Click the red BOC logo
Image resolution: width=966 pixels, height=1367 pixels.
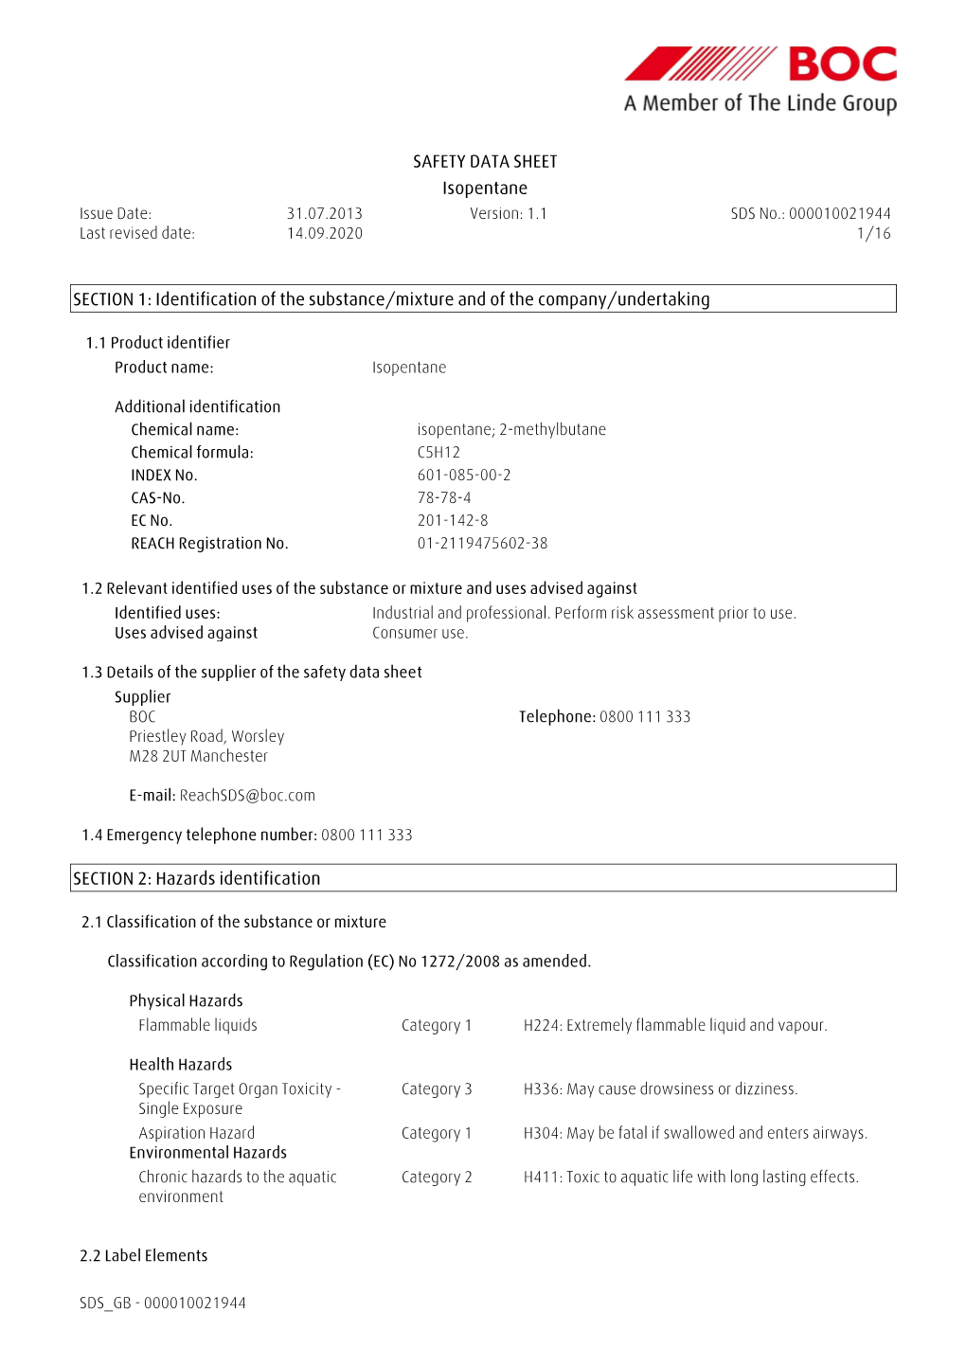[760, 64]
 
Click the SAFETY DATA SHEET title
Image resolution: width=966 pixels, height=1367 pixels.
[485, 162]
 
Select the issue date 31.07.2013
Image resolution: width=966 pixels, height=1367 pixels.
[325, 214]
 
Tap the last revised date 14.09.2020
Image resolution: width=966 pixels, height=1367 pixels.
[325, 234]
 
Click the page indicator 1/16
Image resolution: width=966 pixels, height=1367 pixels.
[873, 234]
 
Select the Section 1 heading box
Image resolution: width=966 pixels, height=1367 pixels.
[483, 299]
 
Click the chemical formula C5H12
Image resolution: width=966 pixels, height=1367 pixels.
[438, 453]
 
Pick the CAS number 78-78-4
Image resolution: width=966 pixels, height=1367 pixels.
[444, 498]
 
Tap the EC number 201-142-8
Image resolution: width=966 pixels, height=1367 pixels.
[453, 521]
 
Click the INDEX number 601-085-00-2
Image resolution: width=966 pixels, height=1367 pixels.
[464, 476]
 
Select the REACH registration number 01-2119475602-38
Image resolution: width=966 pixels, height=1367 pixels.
[482, 544]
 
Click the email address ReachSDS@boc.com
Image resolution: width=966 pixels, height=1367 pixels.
[247, 796]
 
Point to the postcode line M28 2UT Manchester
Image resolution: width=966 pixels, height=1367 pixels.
[198, 757]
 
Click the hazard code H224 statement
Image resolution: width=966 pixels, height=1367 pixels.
[675, 1026]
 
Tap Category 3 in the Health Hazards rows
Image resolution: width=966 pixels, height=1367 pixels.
[437, 1089]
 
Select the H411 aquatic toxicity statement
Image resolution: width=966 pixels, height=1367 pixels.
[690, 1178]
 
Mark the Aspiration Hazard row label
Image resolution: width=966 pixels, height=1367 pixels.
[196, 1133]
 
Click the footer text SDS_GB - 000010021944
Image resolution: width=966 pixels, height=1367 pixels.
[163, 1304]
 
